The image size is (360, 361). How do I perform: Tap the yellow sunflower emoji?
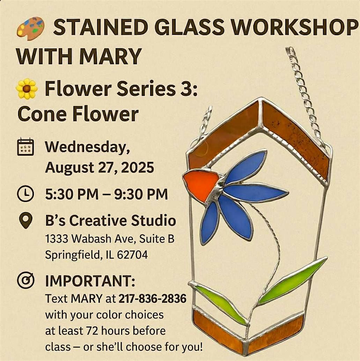click(x=27, y=89)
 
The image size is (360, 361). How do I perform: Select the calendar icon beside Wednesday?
click(x=25, y=146)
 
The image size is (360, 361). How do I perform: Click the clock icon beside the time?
click(x=25, y=194)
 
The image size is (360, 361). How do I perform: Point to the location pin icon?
click(x=25, y=220)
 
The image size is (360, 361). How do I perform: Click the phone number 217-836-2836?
click(x=152, y=299)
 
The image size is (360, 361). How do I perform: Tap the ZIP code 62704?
click(x=132, y=255)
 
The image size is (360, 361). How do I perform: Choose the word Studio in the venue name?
click(x=154, y=220)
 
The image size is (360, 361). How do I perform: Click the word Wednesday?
click(x=88, y=147)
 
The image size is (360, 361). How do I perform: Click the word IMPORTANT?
click(x=90, y=281)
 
